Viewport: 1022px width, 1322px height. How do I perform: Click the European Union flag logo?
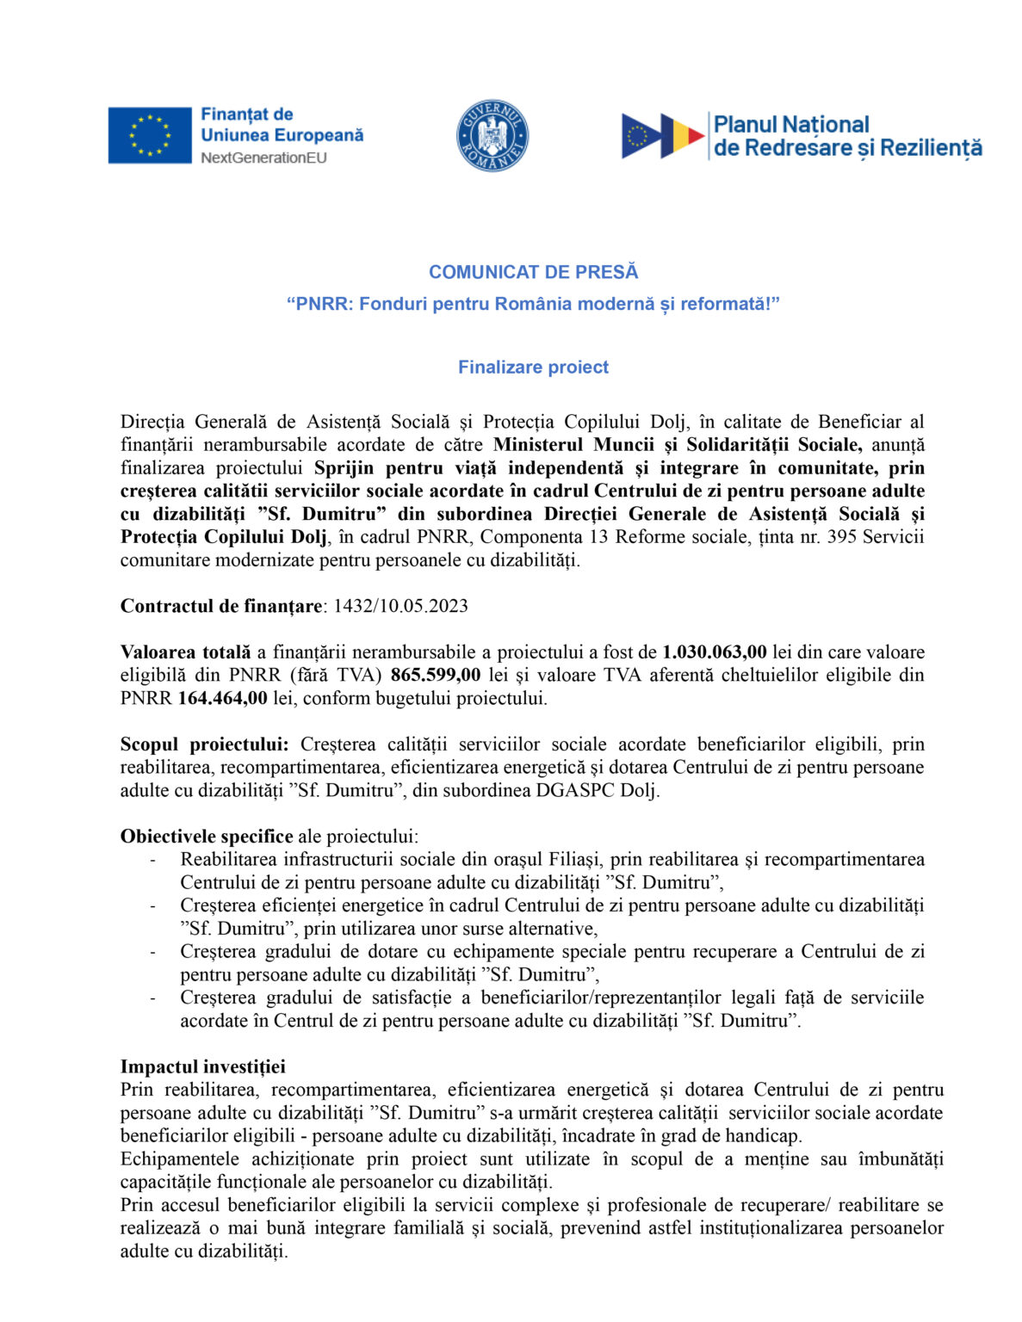[149, 135]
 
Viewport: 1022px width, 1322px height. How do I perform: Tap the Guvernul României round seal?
[492, 135]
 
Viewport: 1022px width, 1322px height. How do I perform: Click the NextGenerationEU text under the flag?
[263, 158]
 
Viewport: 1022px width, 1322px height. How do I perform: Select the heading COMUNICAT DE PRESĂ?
[533, 272]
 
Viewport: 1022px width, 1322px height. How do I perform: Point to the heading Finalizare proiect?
[533, 368]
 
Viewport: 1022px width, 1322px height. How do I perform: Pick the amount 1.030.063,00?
[714, 652]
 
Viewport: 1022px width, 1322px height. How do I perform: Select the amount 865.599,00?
[436, 675]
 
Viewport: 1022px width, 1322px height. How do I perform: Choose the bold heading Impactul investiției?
[203, 1067]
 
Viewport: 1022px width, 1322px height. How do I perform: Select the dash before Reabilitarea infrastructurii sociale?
[153, 860]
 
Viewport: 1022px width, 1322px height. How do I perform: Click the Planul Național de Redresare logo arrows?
[663, 136]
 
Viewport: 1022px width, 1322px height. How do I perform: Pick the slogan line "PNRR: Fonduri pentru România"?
[533, 304]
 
